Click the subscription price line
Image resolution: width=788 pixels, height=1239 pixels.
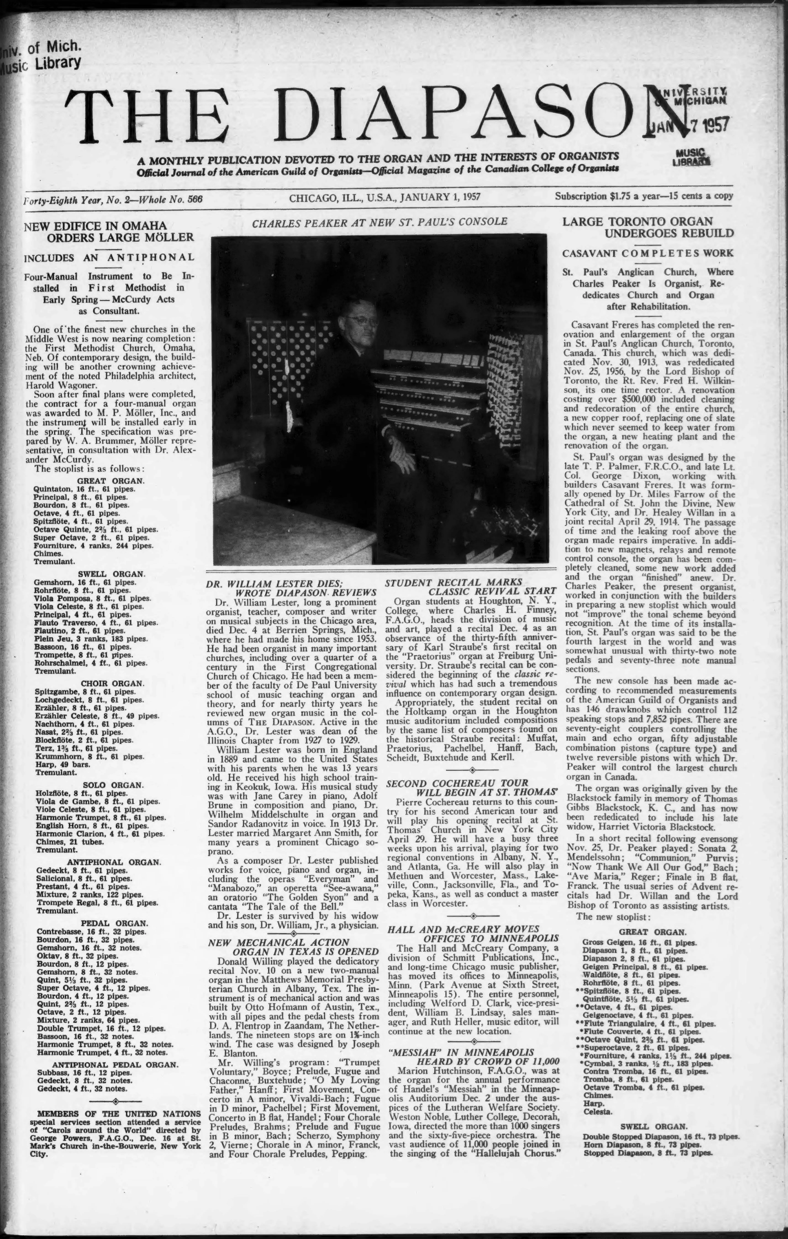click(644, 196)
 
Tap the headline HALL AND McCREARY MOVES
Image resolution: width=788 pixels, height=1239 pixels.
click(463, 929)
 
